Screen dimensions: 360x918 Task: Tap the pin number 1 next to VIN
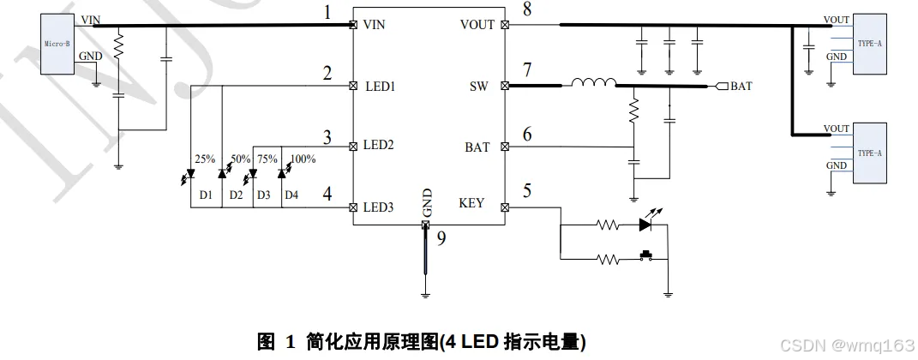325,12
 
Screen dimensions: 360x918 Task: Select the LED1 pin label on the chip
379,87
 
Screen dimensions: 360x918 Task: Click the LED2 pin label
379,146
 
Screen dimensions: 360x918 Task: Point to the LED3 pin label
379,207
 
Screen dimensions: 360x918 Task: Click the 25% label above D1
205,159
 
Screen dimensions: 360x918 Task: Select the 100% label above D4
303,159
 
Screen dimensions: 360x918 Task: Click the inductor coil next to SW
593,83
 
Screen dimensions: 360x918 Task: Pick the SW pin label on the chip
478,87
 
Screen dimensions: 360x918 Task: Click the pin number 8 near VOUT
526,10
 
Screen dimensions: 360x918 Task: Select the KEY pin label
471,203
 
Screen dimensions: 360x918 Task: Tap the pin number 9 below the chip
441,238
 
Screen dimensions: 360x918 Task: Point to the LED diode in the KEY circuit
647,225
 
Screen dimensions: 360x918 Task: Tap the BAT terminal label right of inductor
741,87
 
